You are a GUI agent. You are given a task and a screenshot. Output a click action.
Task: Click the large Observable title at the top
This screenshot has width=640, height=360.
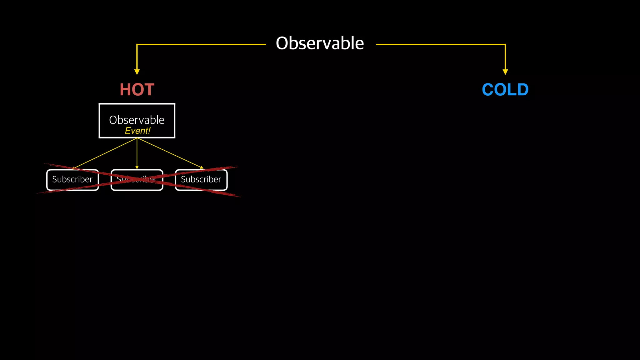320,43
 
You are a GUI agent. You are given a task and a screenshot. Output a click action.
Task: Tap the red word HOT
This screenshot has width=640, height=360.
137,90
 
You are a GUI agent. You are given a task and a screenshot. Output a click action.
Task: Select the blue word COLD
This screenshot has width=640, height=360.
505,90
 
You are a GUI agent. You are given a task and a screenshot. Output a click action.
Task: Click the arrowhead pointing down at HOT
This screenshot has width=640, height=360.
137,72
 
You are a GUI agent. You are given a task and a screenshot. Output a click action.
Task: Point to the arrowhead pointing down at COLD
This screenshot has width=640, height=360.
505,72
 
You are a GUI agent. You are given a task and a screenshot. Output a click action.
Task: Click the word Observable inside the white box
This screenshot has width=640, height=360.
137,120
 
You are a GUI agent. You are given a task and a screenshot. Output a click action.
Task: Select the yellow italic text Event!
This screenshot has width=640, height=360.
137,131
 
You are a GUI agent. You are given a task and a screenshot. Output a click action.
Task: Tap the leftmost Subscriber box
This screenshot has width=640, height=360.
72,180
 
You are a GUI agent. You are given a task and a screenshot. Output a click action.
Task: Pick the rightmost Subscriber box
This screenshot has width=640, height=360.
201,180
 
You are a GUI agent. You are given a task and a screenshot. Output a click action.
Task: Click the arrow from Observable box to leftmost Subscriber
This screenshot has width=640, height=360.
105,153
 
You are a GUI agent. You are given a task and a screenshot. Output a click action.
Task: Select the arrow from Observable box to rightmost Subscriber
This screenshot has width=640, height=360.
170,153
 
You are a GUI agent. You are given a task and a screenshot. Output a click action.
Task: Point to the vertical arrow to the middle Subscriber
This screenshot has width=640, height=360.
137,153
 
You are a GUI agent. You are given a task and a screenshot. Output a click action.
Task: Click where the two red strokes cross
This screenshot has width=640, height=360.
137,179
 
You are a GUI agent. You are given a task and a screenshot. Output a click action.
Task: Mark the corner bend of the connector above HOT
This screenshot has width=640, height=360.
137,45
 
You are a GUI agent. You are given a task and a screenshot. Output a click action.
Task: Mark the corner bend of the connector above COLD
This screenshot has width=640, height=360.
505,45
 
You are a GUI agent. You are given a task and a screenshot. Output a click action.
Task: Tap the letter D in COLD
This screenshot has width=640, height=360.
522,90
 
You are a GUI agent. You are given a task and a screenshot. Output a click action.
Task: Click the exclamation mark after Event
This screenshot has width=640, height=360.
149,131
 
